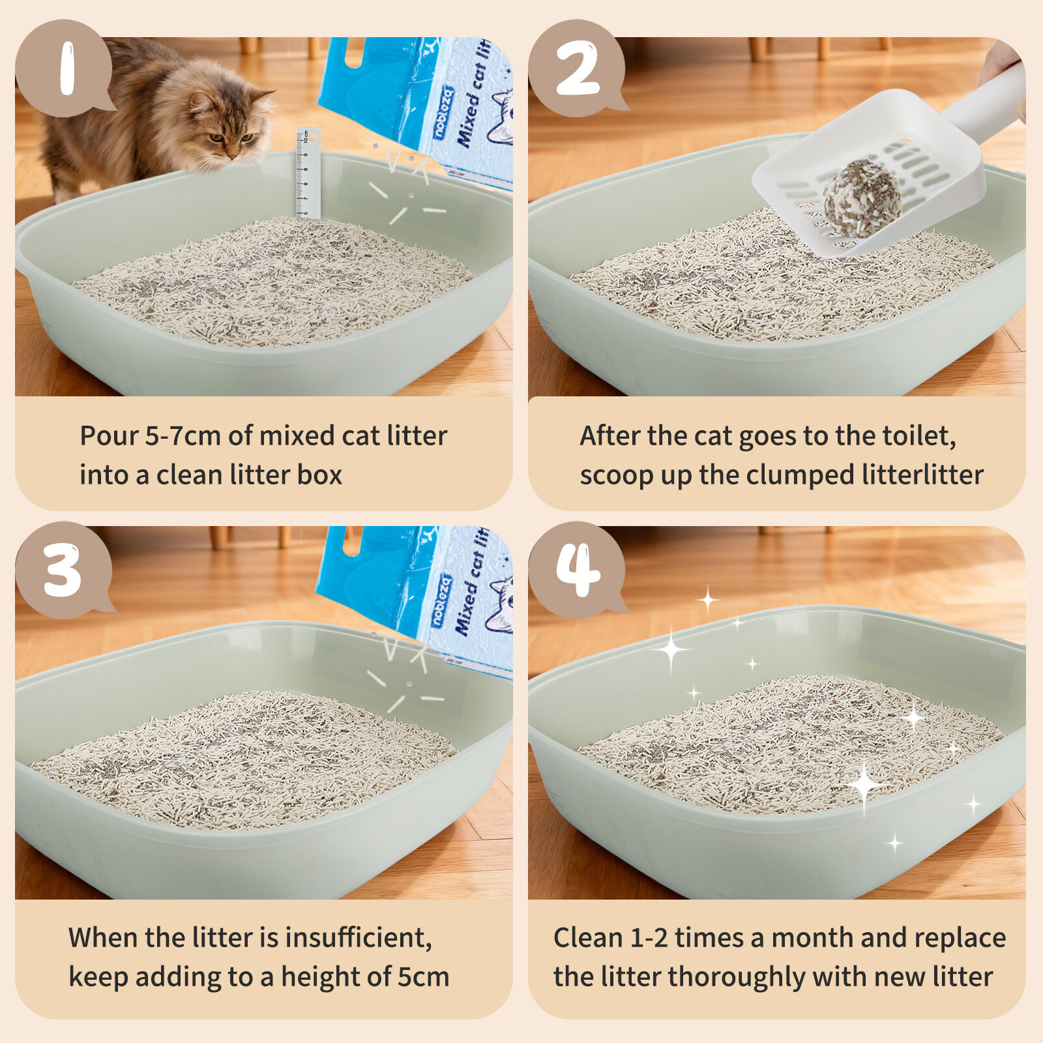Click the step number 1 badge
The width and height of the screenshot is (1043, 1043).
63,68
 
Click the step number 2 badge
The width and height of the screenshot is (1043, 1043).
577,68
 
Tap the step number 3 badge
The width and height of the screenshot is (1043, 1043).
63,570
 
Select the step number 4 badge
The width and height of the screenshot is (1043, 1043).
577,570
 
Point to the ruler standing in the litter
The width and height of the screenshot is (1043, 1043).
308,173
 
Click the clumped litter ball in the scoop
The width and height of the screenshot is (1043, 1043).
861,198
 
